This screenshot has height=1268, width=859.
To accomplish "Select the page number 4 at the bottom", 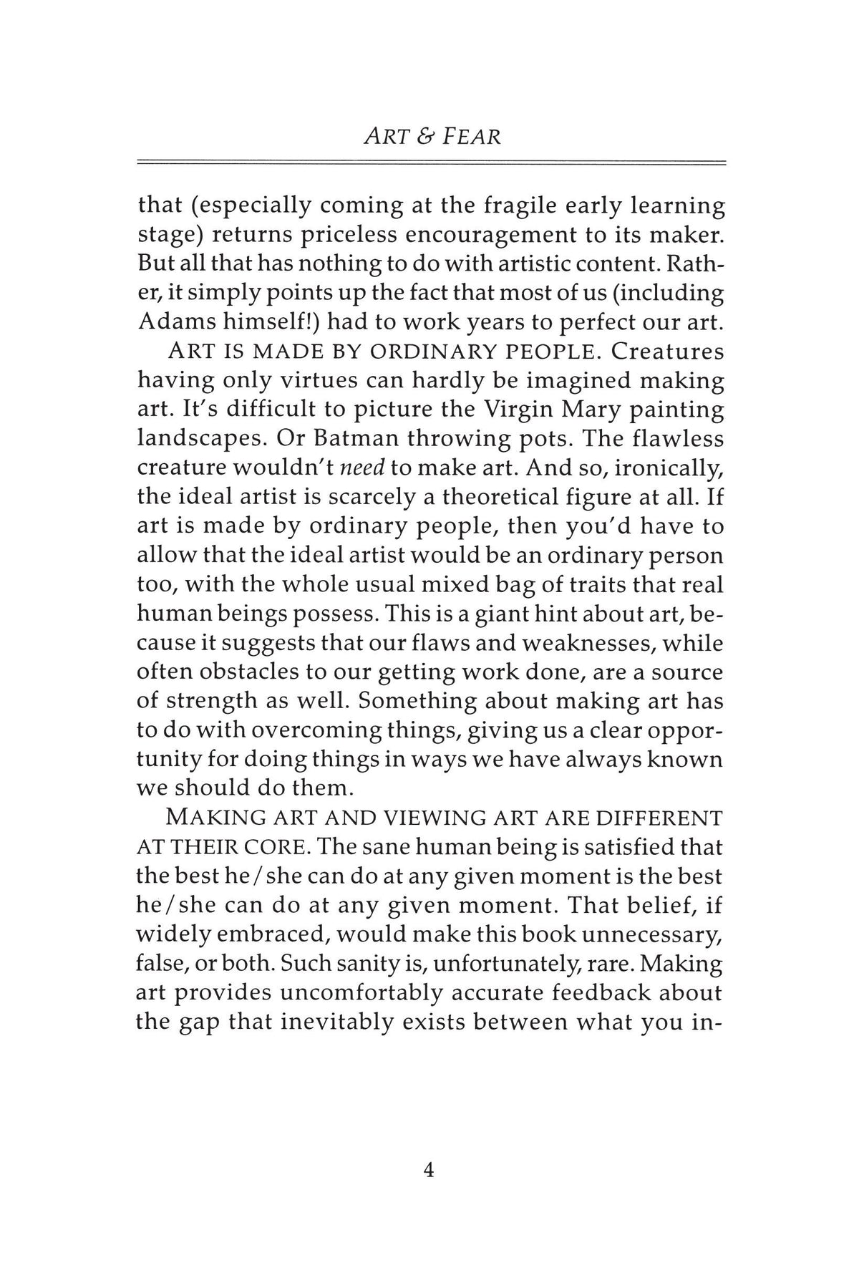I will click(x=429, y=1170).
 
